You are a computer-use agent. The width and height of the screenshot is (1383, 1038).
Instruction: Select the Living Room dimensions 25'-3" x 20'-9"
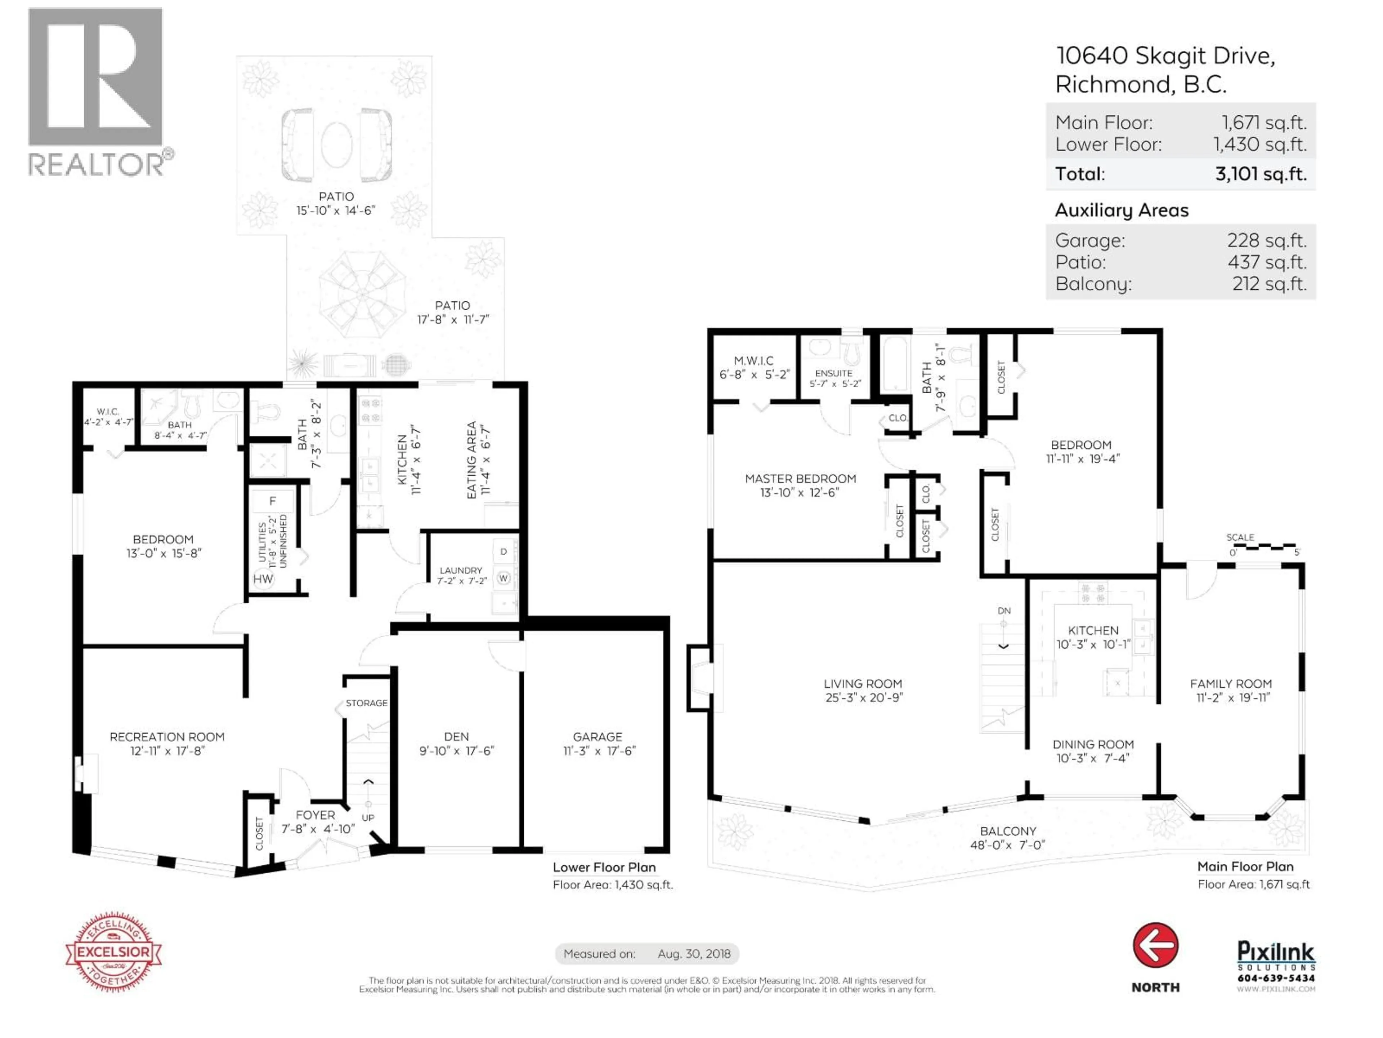[863, 697]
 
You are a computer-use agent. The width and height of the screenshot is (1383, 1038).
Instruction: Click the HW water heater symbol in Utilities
[263, 579]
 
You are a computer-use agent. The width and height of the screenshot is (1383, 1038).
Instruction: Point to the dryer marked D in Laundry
[503, 552]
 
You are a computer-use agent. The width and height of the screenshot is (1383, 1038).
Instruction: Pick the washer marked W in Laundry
[503, 578]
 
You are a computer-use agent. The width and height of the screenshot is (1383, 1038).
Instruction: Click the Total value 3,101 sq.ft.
[1261, 174]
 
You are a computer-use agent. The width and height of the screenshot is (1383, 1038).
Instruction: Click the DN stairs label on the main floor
[1003, 611]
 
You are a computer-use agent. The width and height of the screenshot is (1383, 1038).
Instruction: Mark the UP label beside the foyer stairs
[368, 818]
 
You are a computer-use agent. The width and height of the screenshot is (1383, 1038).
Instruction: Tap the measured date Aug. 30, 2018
[693, 954]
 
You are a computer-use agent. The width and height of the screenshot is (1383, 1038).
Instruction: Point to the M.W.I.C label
[753, 361]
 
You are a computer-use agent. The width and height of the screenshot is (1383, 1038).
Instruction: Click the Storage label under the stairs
[366, 703]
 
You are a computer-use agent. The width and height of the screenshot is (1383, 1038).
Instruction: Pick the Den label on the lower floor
[456, 736]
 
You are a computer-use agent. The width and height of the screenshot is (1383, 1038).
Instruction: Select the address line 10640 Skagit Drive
[1165, 56]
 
